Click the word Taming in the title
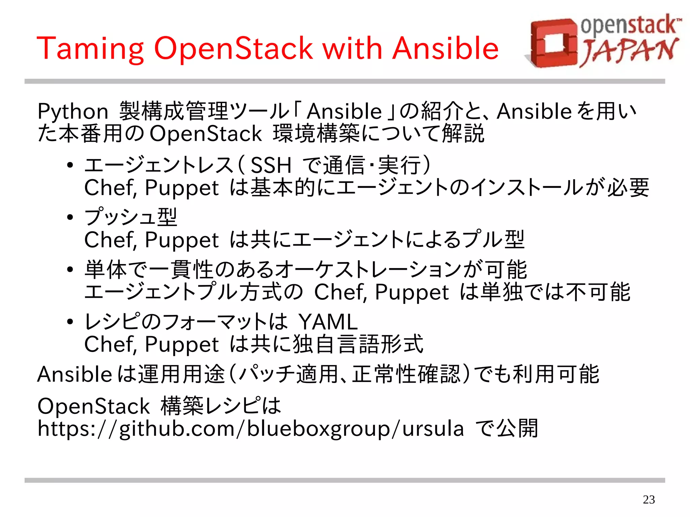point(90,49)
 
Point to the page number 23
point(649,499)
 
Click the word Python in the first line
point(73,111)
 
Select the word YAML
point(328,322)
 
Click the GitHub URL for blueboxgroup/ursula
point(251,429)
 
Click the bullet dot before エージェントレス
point(70,165)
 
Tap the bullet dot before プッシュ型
point(70,217)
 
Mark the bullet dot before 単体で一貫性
point(70,269)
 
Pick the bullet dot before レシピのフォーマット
point(70,322)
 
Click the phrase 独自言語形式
point(358,344)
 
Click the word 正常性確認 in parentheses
point(406,374)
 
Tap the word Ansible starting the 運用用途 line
point(74,374)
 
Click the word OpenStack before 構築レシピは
point(94,406)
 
